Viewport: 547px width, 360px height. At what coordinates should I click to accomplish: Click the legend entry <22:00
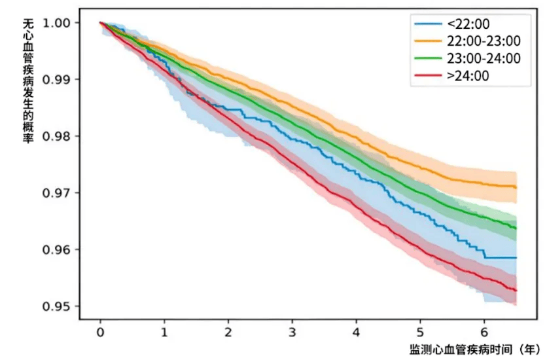pos(462,24)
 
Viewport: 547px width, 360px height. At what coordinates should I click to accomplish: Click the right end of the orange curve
pos(516,188)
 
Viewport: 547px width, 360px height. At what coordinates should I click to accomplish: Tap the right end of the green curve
pos(516,228)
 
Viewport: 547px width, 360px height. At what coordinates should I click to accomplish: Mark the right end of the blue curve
pos(516,258)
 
